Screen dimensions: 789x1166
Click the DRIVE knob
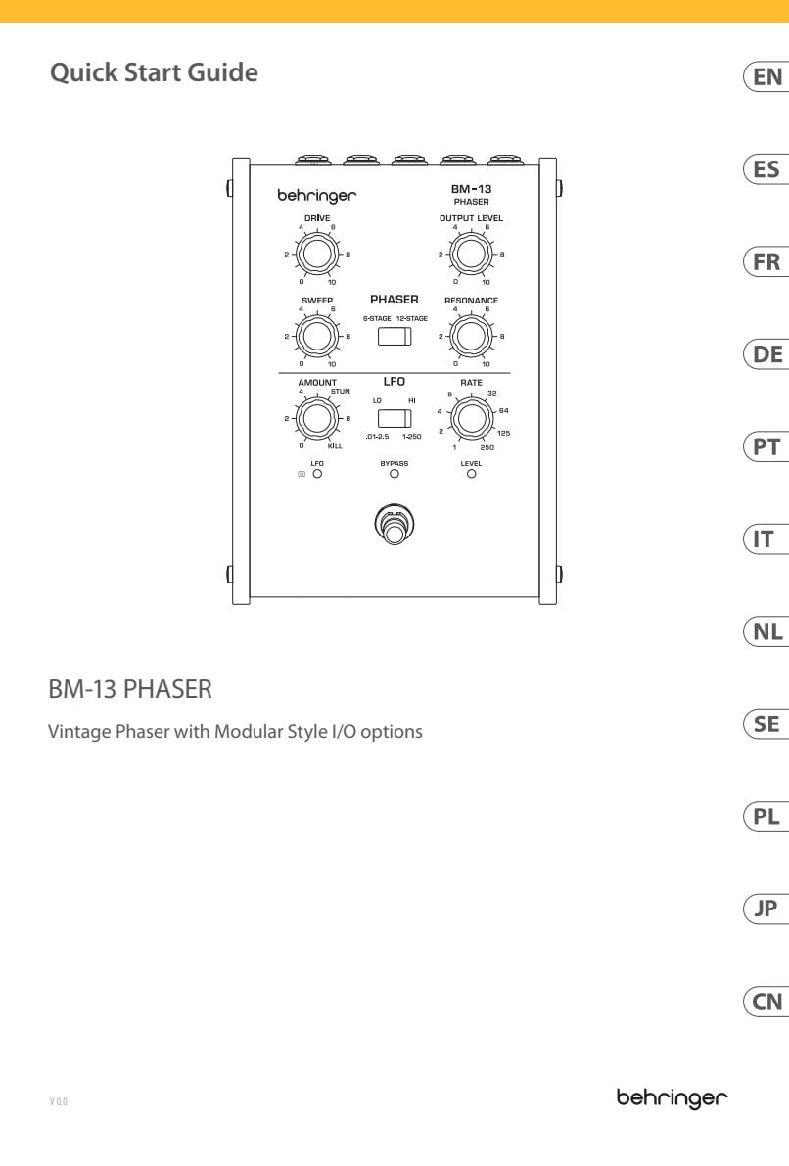point(317,255)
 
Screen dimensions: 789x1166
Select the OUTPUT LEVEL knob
point(470,255)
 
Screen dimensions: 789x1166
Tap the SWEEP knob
point(317,336)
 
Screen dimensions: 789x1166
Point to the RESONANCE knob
point(470,336)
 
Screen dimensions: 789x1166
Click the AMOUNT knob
point(317,418)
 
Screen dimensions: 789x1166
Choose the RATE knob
point(471,418)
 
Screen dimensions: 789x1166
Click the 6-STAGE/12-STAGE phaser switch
point(394,336)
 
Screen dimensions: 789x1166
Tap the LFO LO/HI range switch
point(394,418)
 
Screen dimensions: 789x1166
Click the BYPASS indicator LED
point(394,474)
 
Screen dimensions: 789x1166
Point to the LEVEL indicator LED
point(471,474)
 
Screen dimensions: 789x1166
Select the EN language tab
point(766,77)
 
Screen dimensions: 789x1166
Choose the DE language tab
point(766,354)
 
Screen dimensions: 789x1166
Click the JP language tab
point(766,909)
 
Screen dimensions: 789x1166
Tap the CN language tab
point(766,1002)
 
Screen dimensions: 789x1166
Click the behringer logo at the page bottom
point(672,1098)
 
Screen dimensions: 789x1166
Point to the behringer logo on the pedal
point(317,196)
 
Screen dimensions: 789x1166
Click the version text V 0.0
point(59,1101)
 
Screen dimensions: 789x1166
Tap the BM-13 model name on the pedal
point(471,189)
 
